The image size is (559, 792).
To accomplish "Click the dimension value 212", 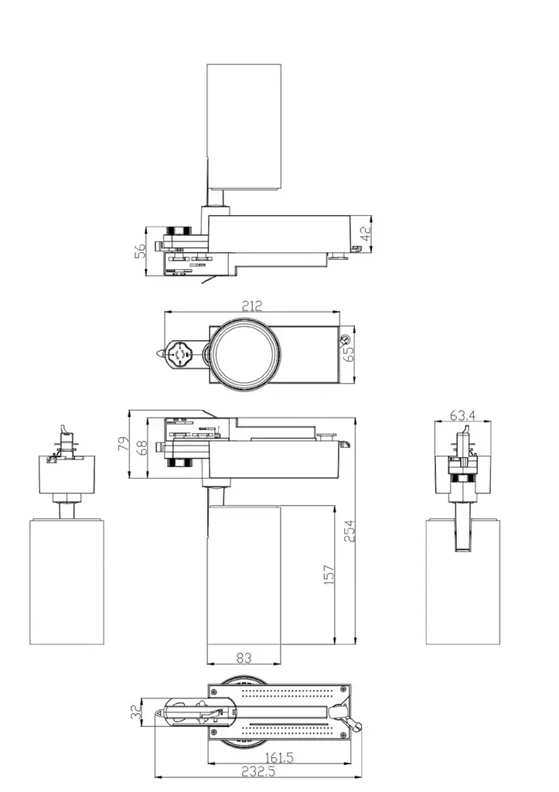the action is tap(251, 306).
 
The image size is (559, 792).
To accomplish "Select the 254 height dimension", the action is tap(349, 531).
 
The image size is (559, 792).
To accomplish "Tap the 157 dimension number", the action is tap(329, 575).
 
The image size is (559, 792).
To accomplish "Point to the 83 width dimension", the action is tap(244, 657).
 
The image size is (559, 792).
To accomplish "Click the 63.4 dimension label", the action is tap(462, 415).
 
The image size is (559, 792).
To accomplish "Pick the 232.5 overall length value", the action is tap(258, 771).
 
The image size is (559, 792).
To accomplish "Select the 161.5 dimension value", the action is tap(279, 757).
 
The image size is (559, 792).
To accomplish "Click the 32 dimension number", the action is tap(136, 712).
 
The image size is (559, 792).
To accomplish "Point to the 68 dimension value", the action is tap(142, 447).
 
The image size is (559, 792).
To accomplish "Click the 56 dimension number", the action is tap(141, 251).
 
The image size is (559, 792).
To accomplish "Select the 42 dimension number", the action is tap(365, 233).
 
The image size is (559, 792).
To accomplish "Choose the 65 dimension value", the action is tap(349, 353).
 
